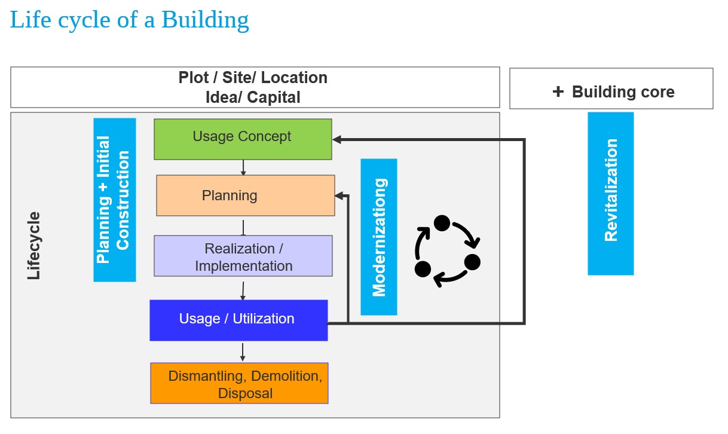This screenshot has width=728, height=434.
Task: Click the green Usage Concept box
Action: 242,139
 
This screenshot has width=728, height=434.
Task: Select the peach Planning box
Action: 245,195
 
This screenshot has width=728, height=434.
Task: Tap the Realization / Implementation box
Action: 243,256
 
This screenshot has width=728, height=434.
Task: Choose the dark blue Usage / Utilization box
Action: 238,320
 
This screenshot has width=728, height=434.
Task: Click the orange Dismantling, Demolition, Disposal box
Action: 239,383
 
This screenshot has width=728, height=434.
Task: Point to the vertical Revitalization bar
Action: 610,193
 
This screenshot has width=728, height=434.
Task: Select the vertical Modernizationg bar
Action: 378,237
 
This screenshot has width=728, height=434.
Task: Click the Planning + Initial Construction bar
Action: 114,200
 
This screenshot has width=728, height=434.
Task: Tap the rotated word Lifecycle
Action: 34,245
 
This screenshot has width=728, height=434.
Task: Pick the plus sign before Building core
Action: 558,91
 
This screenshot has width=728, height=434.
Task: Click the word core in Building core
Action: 656,92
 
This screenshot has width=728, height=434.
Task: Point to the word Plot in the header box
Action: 194,78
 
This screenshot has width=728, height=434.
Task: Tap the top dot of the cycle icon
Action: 442,223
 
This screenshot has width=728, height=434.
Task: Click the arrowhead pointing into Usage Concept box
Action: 337,139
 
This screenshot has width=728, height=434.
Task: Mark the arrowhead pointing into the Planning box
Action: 339,195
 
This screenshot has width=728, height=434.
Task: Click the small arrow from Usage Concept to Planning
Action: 243,167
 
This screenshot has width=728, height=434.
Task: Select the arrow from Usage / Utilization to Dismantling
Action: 243,352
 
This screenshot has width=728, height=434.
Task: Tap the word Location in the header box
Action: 294,78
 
